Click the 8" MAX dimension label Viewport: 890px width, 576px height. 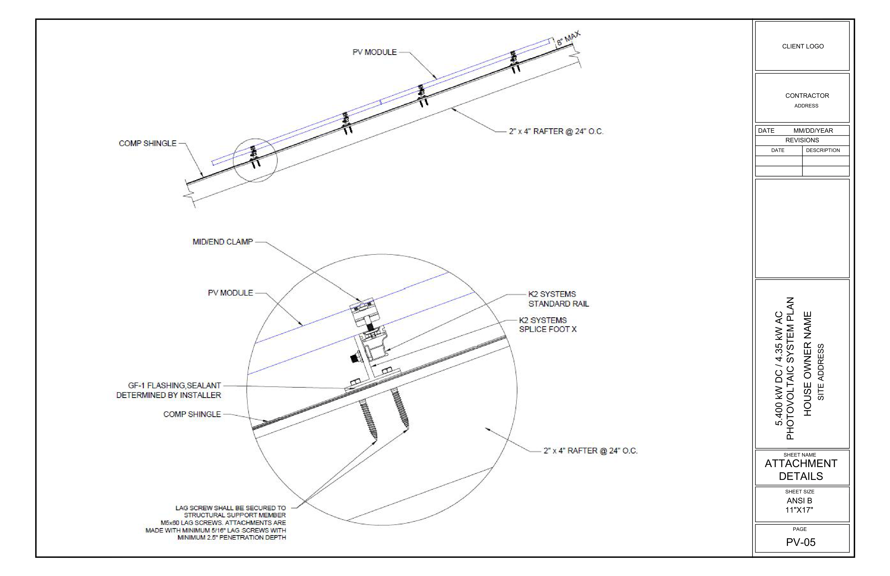[x=568, y=38]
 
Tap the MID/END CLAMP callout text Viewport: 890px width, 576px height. [x=222, y=242]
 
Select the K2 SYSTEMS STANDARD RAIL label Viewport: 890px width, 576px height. [x=558, y=299]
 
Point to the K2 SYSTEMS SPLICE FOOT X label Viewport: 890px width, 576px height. [x=547, y=325]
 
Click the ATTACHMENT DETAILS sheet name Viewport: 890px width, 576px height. [x=801, y=470]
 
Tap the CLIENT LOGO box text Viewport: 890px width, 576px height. [x=803, y=46]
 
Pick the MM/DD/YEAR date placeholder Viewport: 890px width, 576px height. [x=813, y=131]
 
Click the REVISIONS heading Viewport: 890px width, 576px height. [x=802, y=140]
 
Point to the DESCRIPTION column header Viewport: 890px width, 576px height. [x=823, y=150]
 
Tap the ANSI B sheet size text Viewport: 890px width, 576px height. [x=799, y=500]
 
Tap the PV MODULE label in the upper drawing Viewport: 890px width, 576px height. [x=374, y=52]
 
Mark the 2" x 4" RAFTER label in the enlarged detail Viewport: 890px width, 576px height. [x=590, y=451]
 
